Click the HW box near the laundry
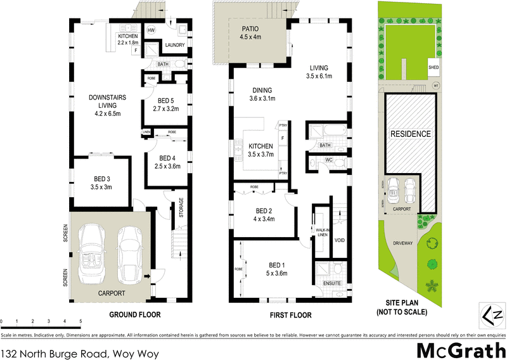(x=151, y=30)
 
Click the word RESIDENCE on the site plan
(x=410, y=134)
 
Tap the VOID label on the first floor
(x=339, y=240)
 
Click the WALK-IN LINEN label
(x=321, y=232)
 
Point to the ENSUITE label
(x=332, y=283)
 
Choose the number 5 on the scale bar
(x=80, y=322)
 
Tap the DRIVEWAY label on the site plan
(x=403, y=242)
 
